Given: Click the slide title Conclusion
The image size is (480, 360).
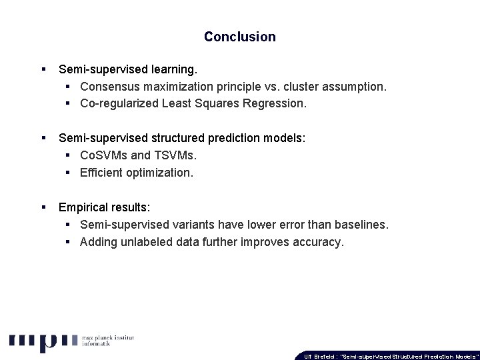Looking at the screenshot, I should click(239, 37).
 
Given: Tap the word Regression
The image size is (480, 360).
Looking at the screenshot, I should click(277, 103).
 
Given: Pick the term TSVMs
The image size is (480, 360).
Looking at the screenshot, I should click(175, 155).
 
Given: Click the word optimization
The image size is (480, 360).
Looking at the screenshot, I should click(161, 173).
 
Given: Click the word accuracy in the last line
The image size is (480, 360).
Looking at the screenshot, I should click(320, 242).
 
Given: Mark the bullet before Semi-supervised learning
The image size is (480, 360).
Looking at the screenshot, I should click(43, 69).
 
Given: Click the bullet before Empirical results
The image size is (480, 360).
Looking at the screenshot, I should click(43, 207).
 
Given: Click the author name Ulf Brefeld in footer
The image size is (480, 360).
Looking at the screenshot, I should click(320, 356).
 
